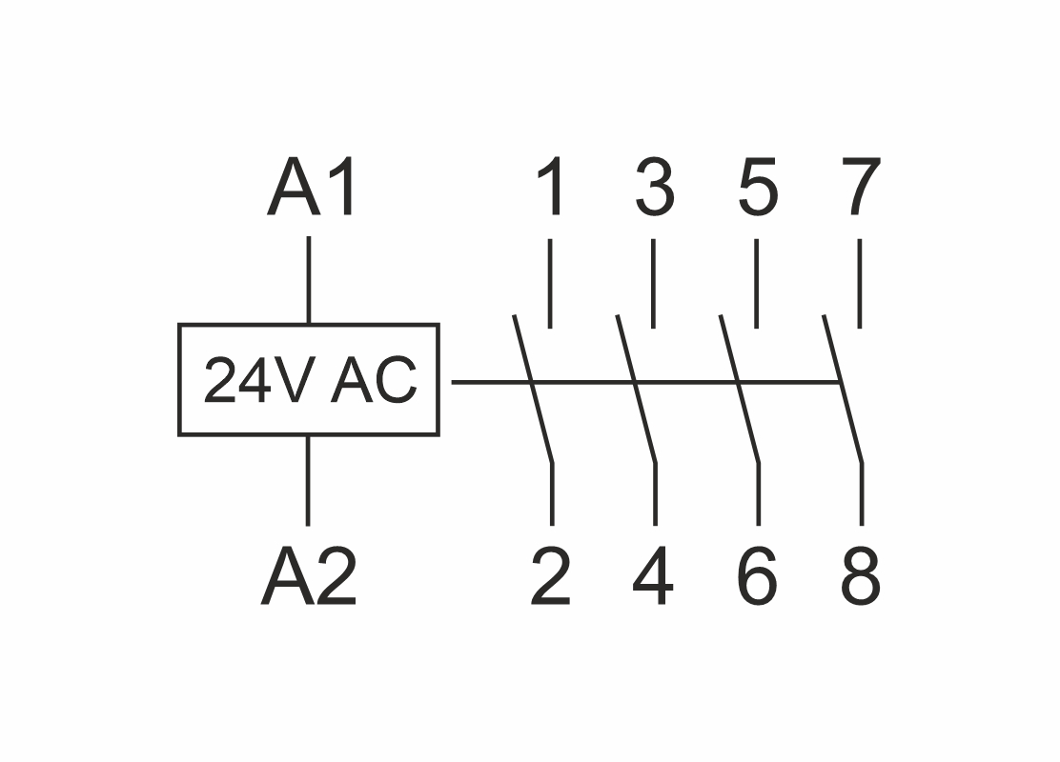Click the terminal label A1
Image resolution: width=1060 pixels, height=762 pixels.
pos(314,189)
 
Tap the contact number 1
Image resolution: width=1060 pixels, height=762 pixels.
pos(551,189)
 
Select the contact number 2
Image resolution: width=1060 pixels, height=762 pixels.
pos(551,578)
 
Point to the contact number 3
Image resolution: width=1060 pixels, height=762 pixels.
pos(654,189)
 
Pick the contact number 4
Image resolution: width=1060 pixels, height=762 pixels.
pos(654,578)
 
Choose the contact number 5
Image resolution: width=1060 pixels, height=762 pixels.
pos(758,189)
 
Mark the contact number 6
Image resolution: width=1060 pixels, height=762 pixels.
pos(758,578)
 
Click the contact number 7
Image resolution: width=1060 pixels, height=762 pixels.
pos(861,189)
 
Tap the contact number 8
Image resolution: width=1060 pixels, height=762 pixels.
pos(861,578)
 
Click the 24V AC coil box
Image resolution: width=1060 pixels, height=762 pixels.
pos(309,380)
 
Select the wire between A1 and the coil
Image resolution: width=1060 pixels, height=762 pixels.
pos(308,280)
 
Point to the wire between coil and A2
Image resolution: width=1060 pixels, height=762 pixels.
pos(308,480)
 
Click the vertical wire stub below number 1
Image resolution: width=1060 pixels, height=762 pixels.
pos(550,283)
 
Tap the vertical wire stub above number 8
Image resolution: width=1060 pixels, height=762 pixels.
pos(862,494)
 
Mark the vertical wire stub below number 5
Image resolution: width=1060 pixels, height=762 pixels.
pos(756,283)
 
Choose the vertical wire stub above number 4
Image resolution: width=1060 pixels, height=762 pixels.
pos(655,494)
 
